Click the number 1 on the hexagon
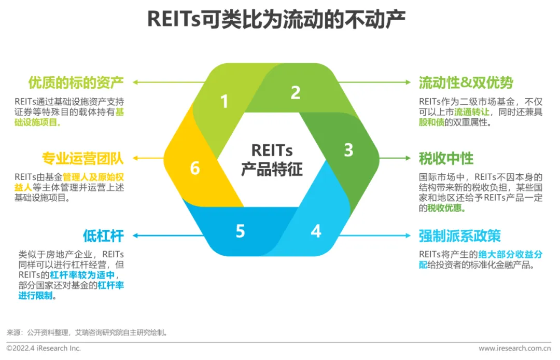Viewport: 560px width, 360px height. point(224,101)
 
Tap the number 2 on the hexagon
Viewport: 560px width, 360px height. point(295,93)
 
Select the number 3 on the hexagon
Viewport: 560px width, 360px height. point(348,150)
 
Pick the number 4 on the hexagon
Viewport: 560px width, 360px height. point(316,231)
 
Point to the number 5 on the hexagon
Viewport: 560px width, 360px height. point(240,231)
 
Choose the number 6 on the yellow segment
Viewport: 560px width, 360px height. point(195,168)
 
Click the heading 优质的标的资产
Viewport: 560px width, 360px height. point(76,82)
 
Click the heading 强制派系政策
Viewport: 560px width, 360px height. point(459,236)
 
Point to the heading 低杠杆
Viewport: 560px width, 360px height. point(103,236)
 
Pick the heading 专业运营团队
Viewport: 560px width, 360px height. point(82,158)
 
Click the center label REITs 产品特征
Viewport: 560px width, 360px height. point(272,160)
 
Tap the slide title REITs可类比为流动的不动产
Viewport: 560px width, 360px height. point(276,19)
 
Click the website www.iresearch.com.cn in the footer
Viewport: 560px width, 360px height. point(514,348)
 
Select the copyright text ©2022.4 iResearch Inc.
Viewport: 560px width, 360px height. point(44,348)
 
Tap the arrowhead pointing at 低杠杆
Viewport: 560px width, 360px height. point(135,236)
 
